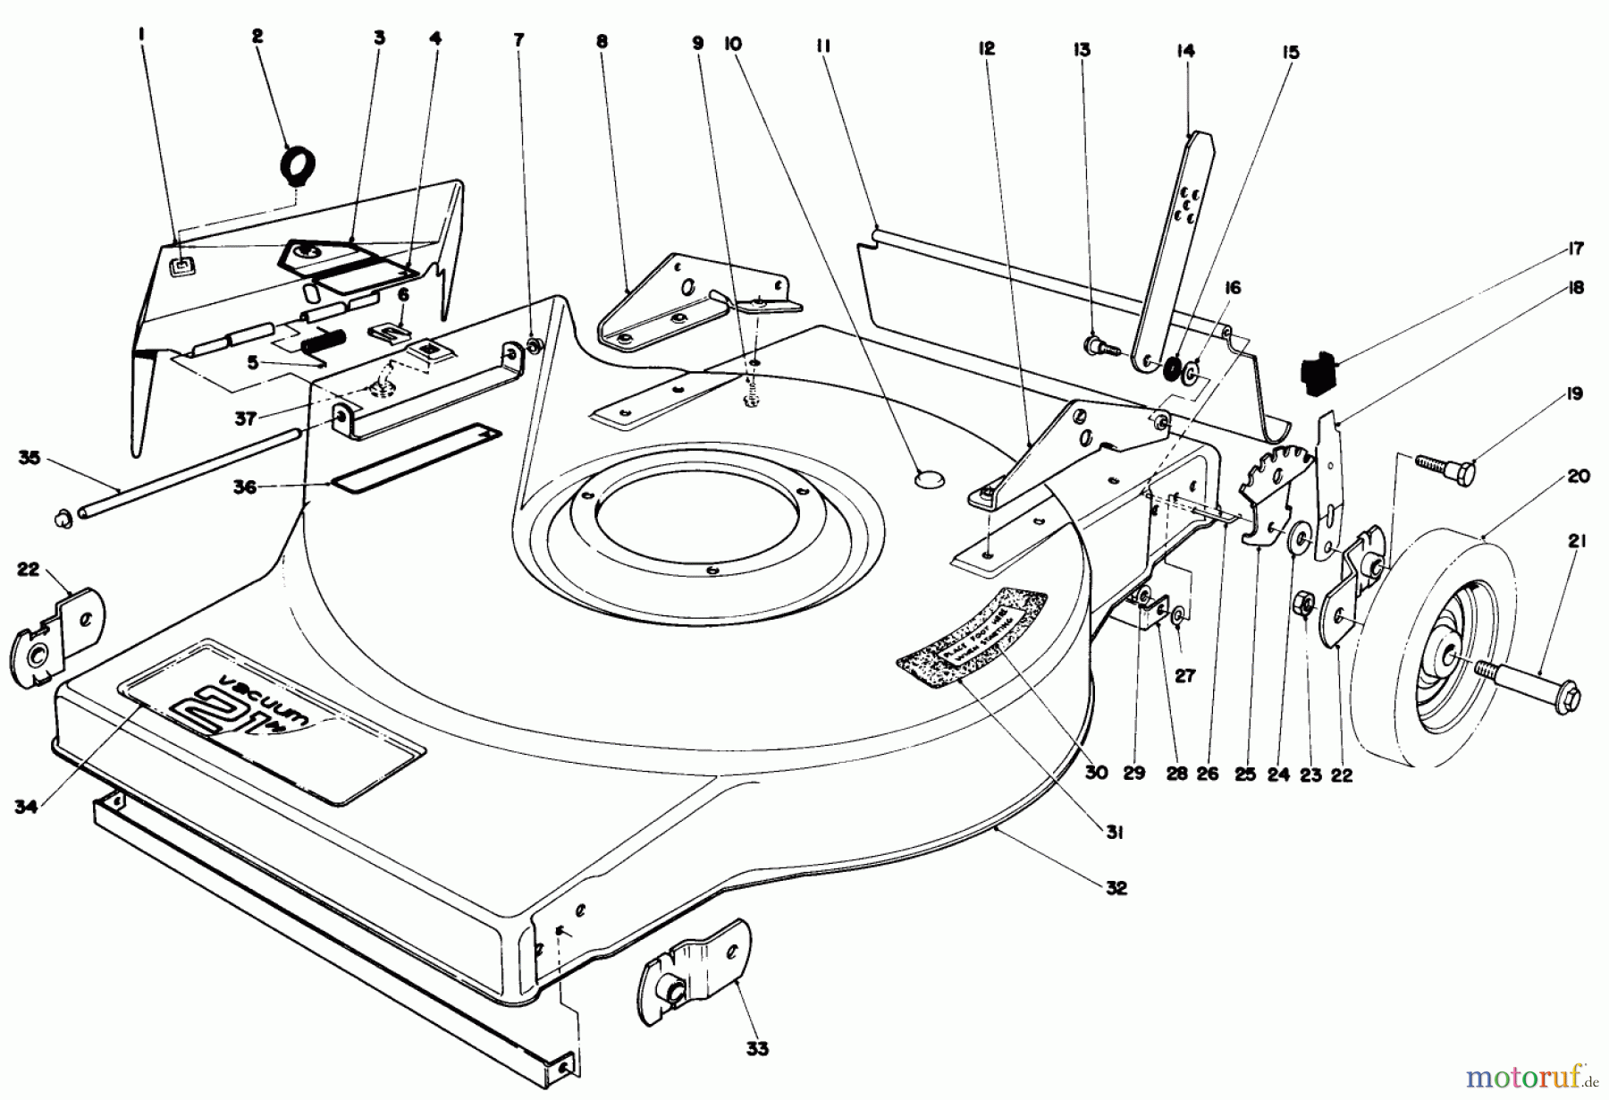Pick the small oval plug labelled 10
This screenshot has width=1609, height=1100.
point(930,480)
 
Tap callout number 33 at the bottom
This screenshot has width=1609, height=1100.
point(757,1048)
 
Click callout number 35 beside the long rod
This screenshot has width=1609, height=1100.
point(29,458)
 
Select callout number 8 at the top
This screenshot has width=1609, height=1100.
point(601,40)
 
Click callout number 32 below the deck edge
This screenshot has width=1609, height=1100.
point(1116,888)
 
